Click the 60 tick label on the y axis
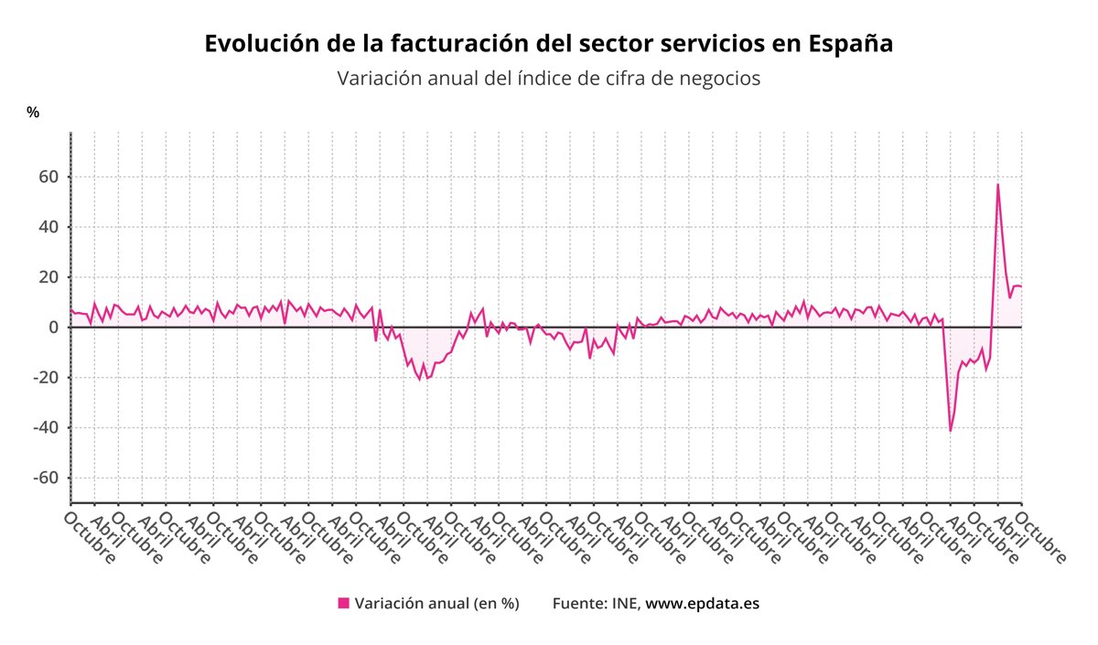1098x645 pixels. (x=48, y=177)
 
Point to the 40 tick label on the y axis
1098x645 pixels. (x=48, y=227)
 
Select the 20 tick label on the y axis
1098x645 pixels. (x=48, y=277)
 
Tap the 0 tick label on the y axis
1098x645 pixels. (x=53, y=328)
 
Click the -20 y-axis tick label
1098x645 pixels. (x=46, y=378)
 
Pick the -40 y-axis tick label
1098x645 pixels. (x=46, y=428)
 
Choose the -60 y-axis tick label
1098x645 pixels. (x=46, y=478)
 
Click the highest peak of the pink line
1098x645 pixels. (x=997, y=185)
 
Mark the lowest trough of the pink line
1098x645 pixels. (x=951, y=431)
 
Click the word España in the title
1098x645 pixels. (x=851, y=43)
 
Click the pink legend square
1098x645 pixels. (x=344, y=603)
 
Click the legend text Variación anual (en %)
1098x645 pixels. (x=436, y=603)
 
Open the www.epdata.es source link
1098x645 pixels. (x=703, y=603)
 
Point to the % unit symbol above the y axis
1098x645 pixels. (x=33, y=112)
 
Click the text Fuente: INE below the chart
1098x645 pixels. (x=597, y=603)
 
